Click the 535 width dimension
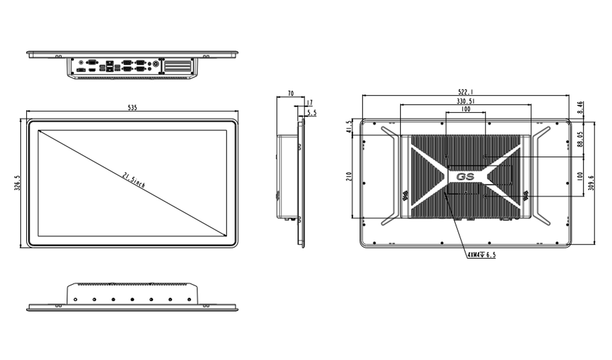(x=132, y=108)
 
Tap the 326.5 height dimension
(x=18, y=183)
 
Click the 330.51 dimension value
(x=466, y=101)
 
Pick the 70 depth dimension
(x=291, y=93)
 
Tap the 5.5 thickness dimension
(x=312, y=113)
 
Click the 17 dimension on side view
(x=309, y=103)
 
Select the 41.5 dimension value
(x=349, y=127)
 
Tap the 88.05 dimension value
(x=580, y=139)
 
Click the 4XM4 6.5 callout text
(x=481, y=255)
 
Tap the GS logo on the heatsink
(x=465, y=177)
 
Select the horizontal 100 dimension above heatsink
(x=466, y=109)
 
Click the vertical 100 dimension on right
(x=580, y=176)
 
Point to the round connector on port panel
(x=157, y=64)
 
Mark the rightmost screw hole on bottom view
(x=189, y=299)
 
